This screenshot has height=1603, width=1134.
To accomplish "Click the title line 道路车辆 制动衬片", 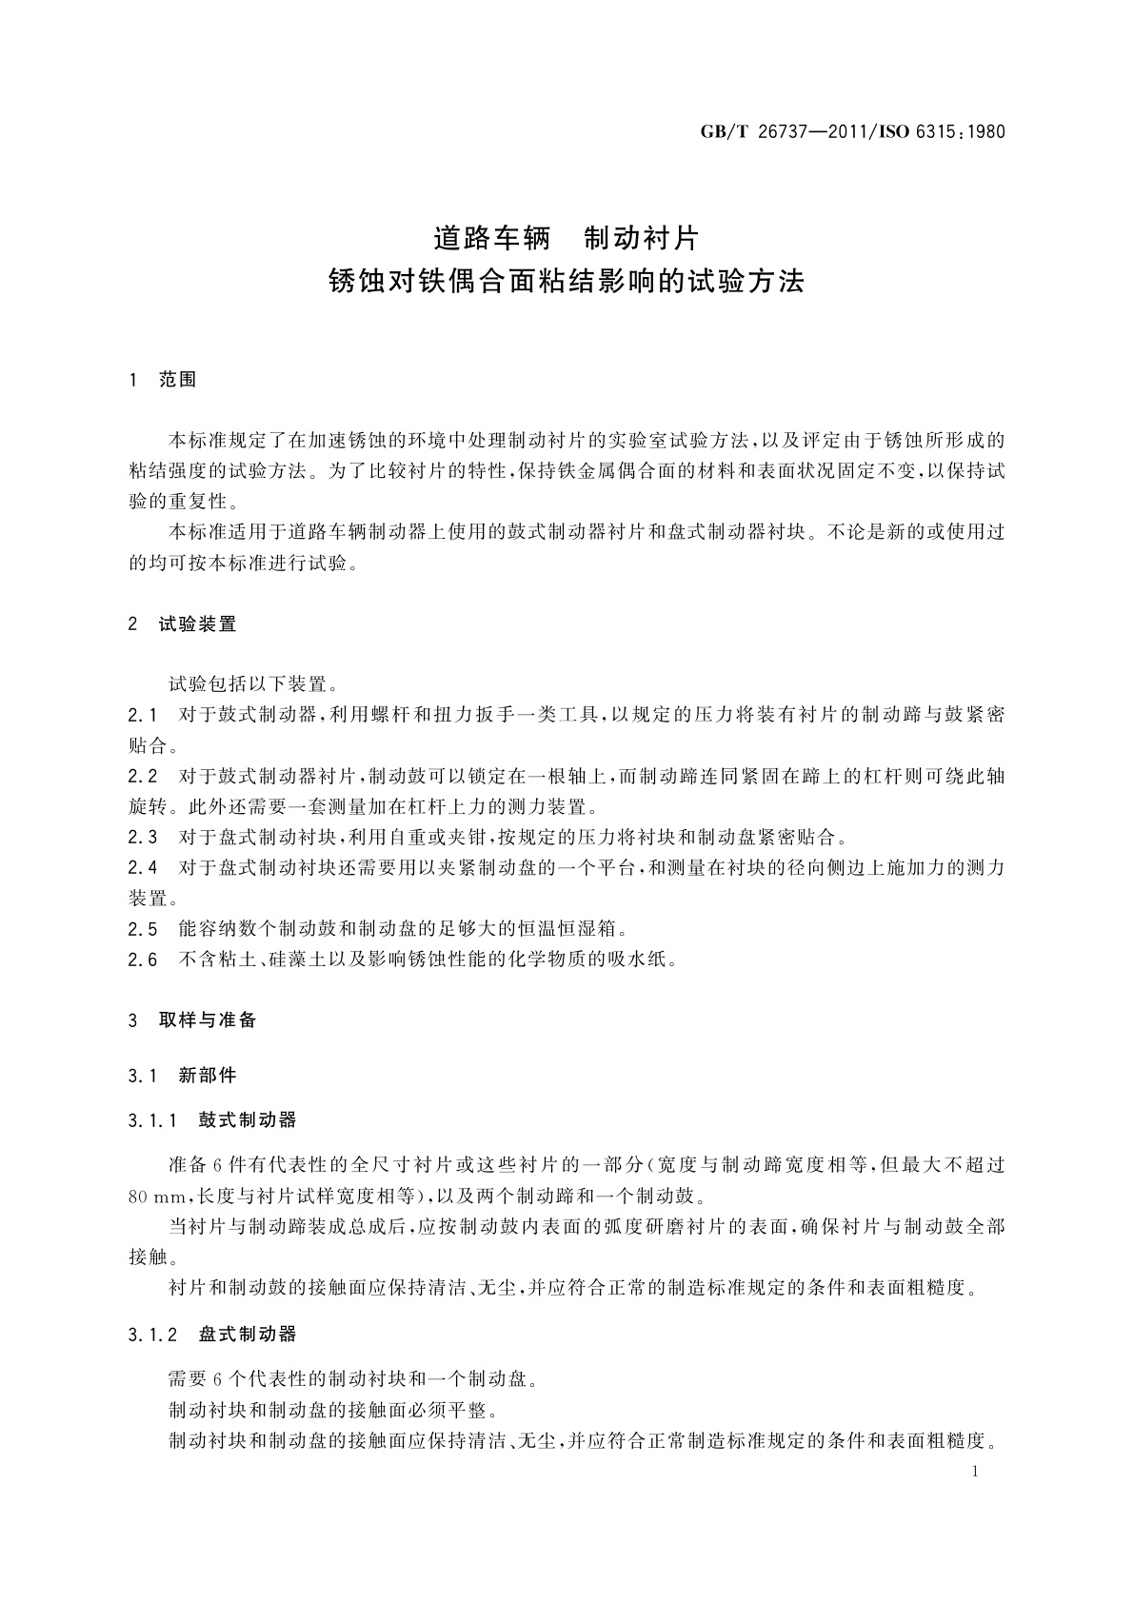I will (566, 236).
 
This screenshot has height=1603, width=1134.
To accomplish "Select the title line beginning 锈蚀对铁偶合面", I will (566, 281).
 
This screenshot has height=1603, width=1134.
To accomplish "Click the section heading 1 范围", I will (163, 380).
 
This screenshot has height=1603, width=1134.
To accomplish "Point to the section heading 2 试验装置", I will (183, 624).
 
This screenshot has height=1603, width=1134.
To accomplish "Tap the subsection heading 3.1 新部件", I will (183, 1076).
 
